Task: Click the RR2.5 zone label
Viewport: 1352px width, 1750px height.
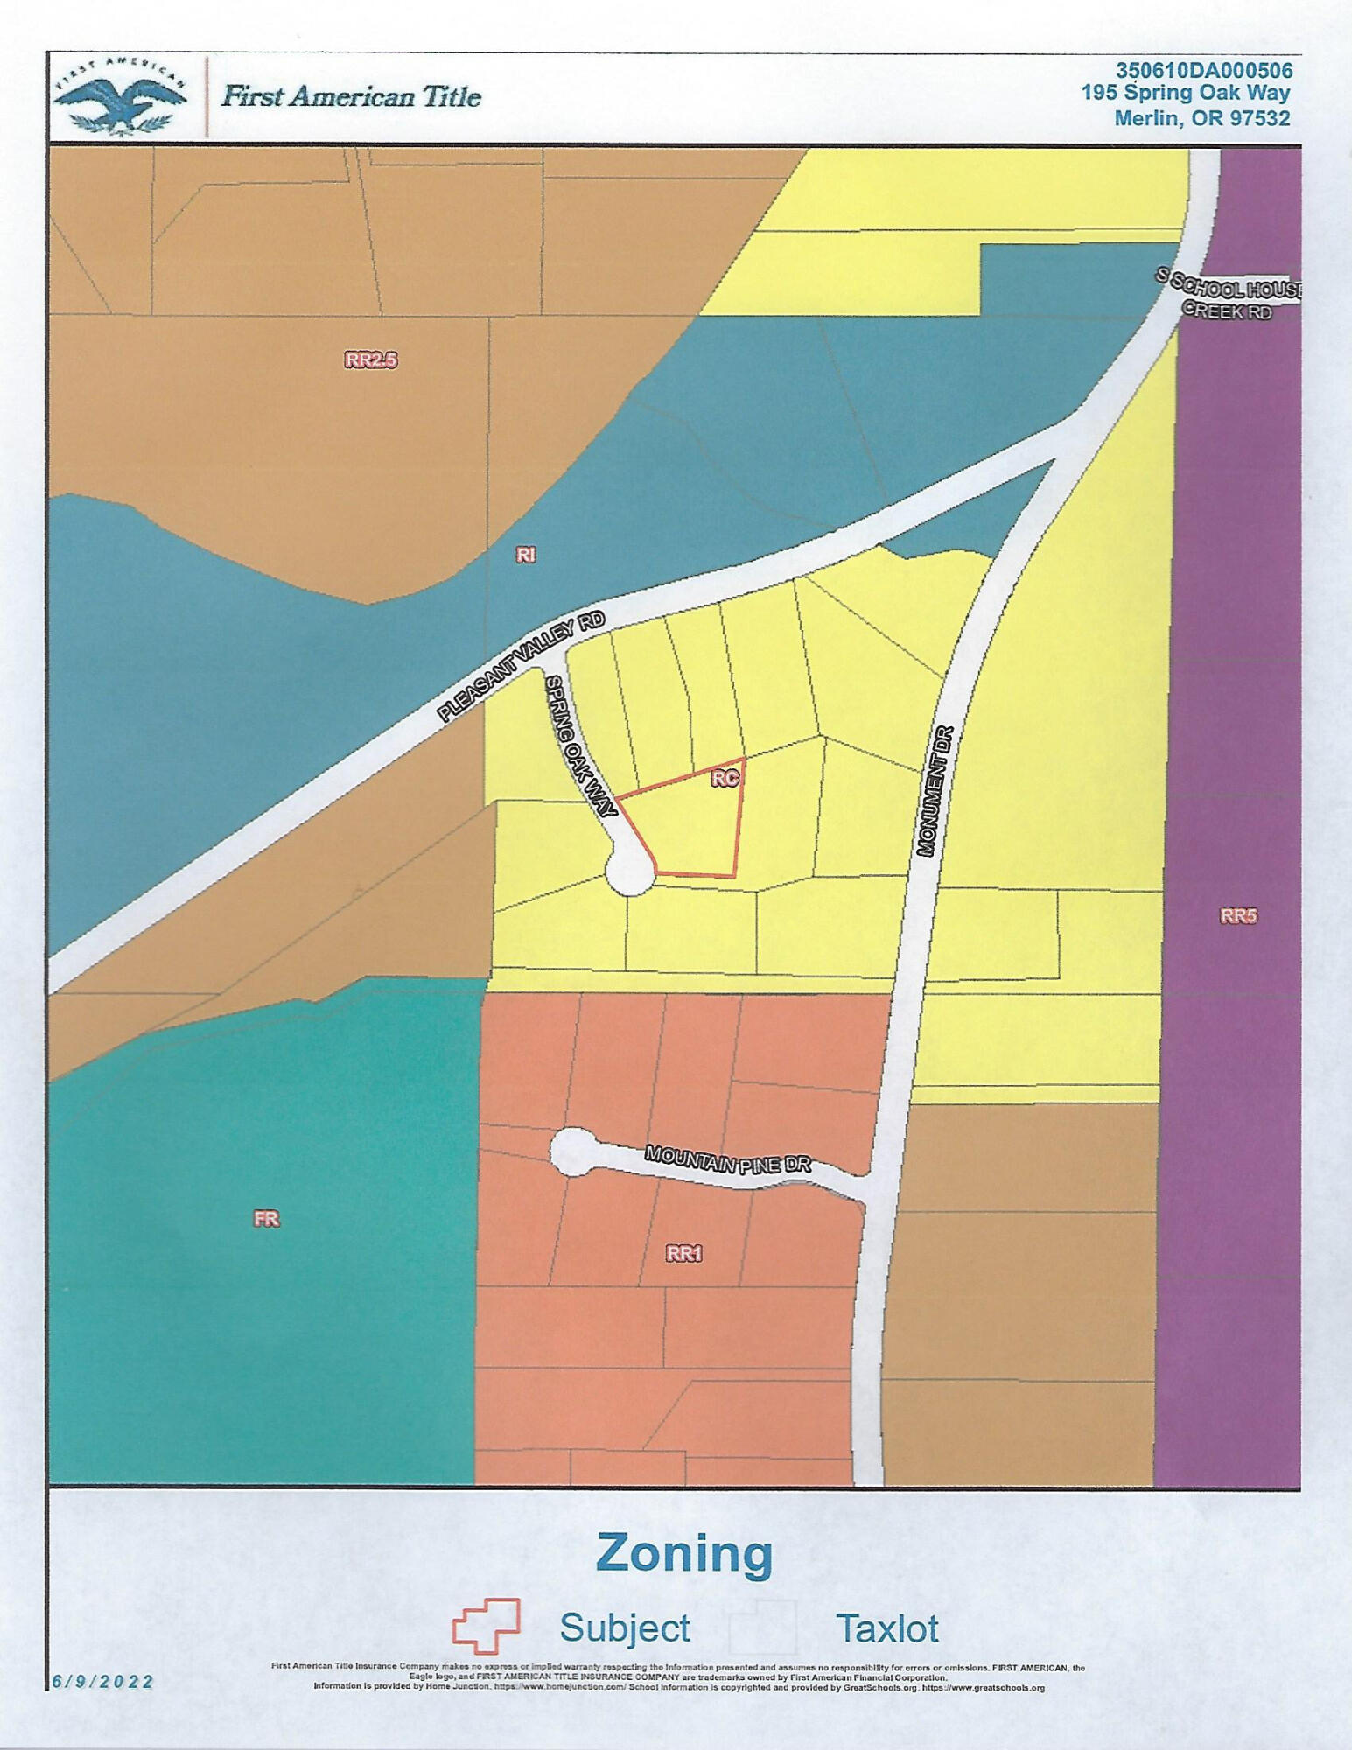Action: [x=371, y=360]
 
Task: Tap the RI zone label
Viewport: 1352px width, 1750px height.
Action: [x=525, y=554]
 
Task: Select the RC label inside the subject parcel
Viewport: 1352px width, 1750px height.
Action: [x=725, y=778]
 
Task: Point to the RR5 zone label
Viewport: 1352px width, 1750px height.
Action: [x=1238, y=916]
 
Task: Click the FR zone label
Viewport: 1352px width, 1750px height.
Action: [x=266, y=1218]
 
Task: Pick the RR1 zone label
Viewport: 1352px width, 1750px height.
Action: [x=683, y=1253]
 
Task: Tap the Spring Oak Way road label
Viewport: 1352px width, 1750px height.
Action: [x=581, y=745]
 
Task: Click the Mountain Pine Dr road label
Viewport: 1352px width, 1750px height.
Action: [x=728, y=1159]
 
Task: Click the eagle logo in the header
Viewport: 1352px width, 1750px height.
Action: [x=120, y=96]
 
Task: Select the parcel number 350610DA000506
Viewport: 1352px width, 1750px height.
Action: [x=1203, y=70]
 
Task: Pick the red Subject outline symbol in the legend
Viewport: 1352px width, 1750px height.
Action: [x=486, y=1626]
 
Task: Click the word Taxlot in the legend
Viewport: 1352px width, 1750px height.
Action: [x=886, y=1628]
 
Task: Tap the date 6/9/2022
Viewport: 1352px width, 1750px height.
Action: [x=102, y=1682]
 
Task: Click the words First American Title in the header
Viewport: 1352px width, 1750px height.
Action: [x=351, y=96]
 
